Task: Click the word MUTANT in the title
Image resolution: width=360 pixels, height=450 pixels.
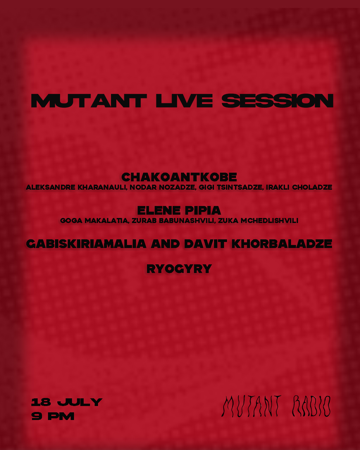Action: pyautogui.click(x=89, y=101)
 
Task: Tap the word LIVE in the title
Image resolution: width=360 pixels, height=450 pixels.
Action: pyautogui.click(x=184, y=101)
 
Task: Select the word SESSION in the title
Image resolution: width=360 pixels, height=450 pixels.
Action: pyautogui.click(x=277, y=101)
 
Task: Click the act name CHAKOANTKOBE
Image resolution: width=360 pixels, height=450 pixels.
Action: pyautogui.click(x=179, y=177)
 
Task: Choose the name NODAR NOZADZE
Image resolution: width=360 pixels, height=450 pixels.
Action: pyautogui.click(x=162, y=187)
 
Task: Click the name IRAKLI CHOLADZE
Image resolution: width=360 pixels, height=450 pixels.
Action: pyautogui.click(x=299, y=187)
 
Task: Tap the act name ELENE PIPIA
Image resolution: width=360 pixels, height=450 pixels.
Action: pyautogui.click(x=179, y=211)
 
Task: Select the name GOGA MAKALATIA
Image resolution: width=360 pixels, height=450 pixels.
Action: pyautogui.click(x=94, y=221)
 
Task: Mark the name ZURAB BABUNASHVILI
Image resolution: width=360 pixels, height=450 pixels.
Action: pyautogui.click(x=174, y=221)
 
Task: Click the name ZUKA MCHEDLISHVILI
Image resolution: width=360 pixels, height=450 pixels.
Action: pyautogui.click(x=258, y=221)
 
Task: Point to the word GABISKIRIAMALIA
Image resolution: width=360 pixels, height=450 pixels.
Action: pyautogui.click(x=86, y=244)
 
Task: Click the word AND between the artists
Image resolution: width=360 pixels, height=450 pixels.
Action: pyautogui.click(x=165, y=244)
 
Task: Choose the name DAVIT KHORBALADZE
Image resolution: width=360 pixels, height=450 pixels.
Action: pyautogui.click(x=258, y=244)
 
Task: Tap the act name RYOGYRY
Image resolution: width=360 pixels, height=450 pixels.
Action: pyautogui.click(x=179, y=269)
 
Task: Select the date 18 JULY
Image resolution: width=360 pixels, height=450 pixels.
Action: pyautogui.click(x=67, y=402)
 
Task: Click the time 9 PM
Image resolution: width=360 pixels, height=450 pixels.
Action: pyautogui.click(x=53, y=416)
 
